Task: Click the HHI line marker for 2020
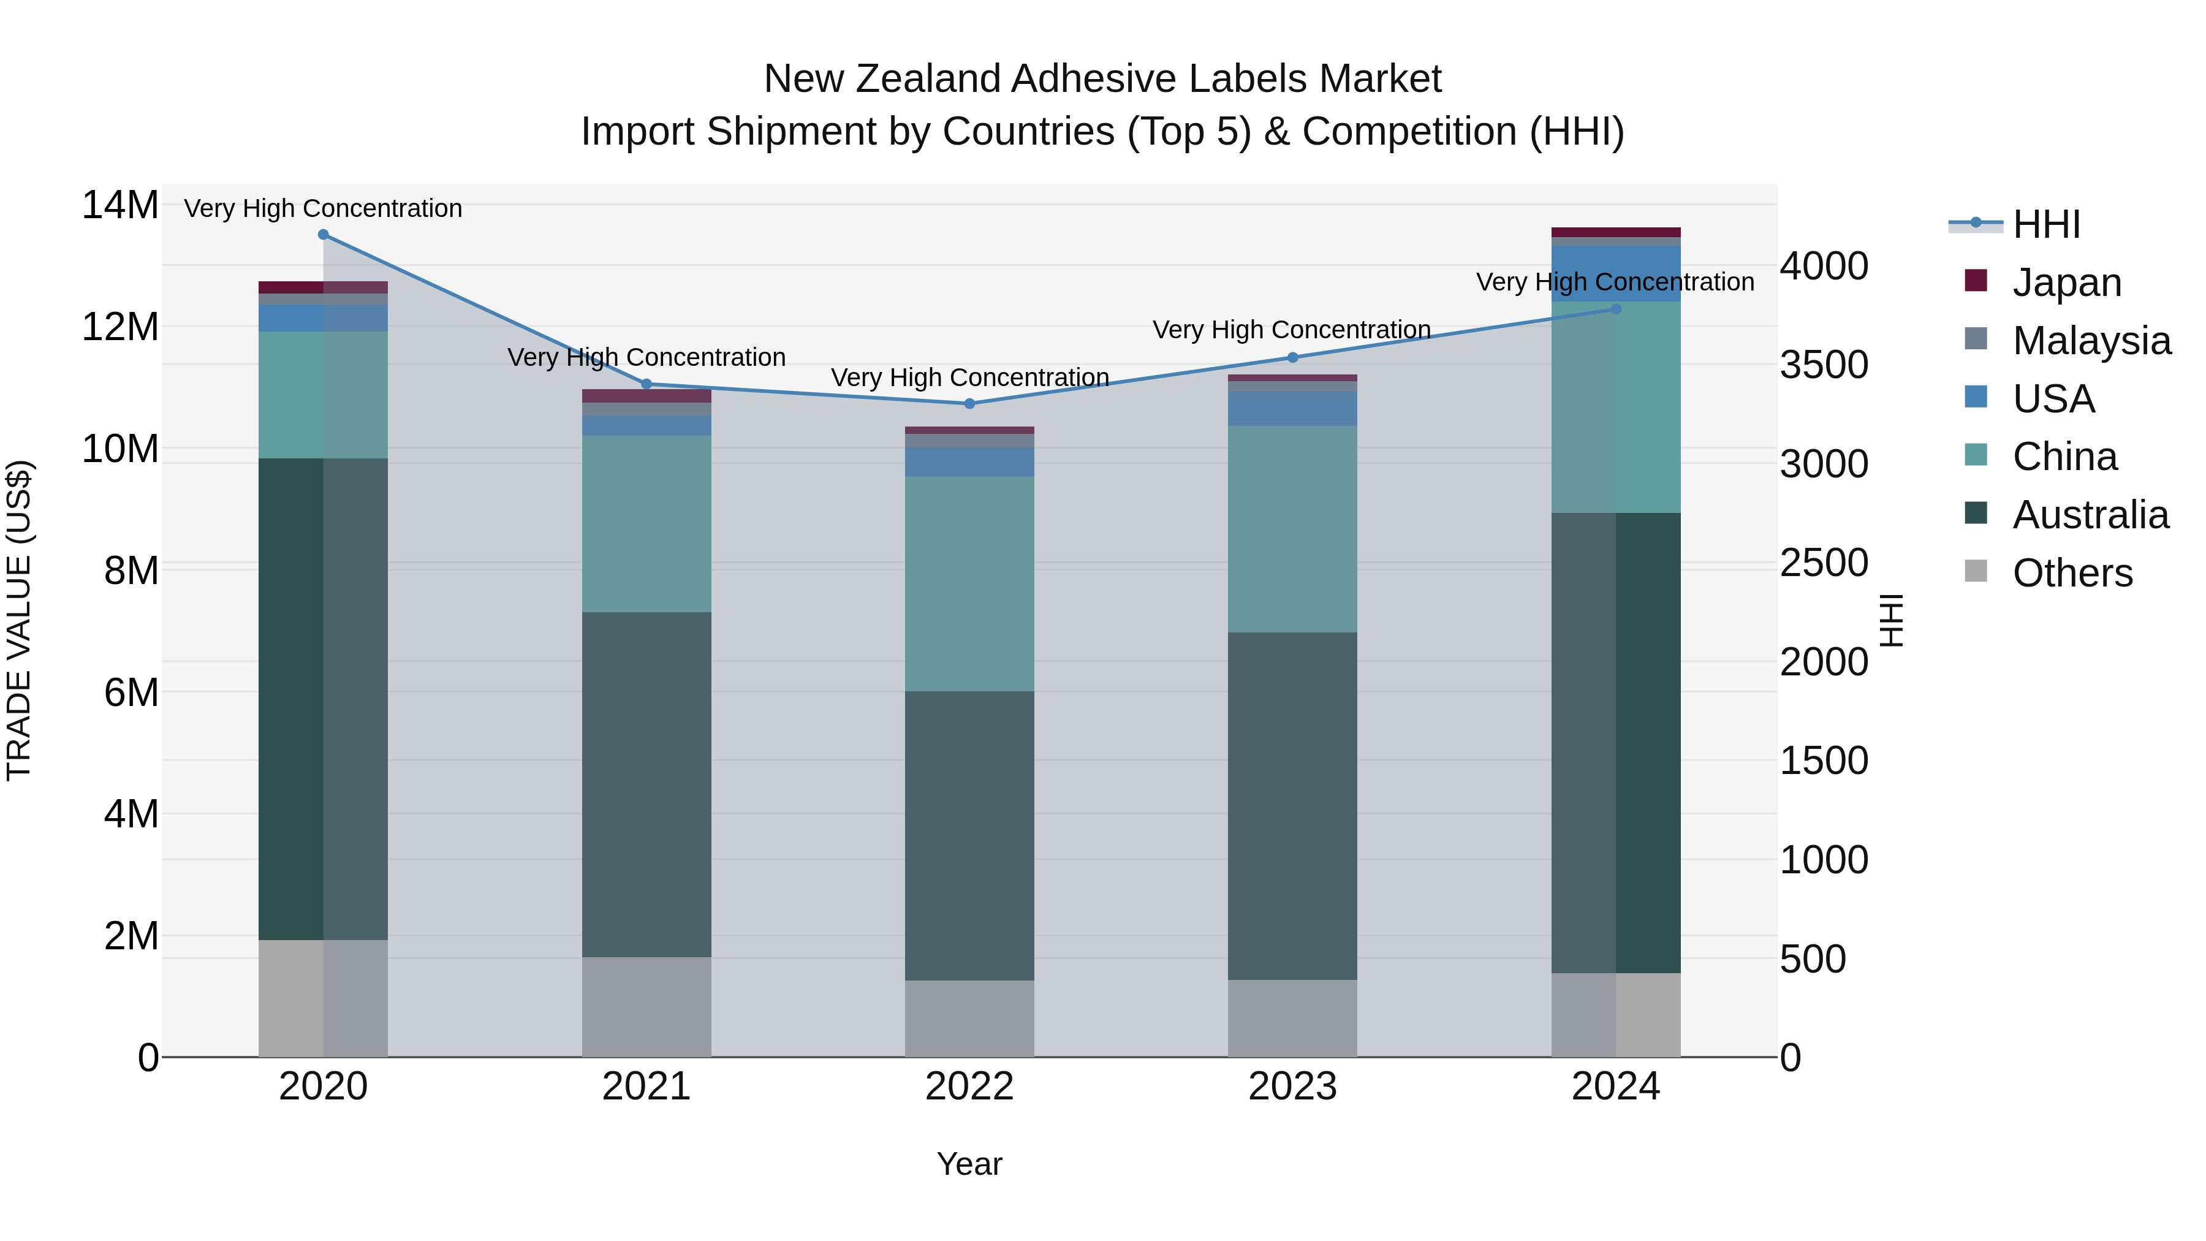[x=323, y=235]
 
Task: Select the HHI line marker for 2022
[x=969, y=403]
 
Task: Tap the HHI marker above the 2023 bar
[x=1292, y=357]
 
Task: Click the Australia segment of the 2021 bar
[x=646, y=784]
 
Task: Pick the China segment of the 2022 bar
[x=969, y=583]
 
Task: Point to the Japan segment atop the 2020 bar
[x=323, y=287]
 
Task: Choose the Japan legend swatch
[x=1976, y=281]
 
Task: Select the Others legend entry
[x=2072, y=573]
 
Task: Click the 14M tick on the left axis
[x=120, y=205]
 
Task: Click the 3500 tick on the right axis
[x=1824, y=365]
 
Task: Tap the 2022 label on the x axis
[x=969, y=1087]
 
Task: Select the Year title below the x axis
[x=969, y=1164]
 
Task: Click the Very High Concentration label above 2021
[x=646, y=357]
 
